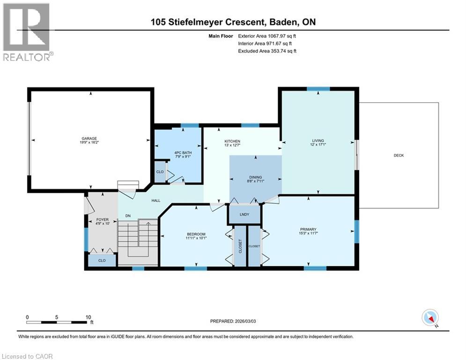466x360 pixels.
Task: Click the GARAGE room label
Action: tap(89, 138)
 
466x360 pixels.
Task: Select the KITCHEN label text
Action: tap(232, 141)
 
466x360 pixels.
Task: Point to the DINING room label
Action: tap(255, 177)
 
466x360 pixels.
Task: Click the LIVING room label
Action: tap(318, 141)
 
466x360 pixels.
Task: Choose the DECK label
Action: tap(399, 155)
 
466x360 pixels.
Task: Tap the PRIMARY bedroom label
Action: tap(308, 230)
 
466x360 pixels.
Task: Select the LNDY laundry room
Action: tap(244, 215)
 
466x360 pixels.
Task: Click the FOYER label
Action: tap(102, 219)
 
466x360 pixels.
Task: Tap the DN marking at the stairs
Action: tap(127, 216)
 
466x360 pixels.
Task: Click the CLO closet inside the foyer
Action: tap(102, 260)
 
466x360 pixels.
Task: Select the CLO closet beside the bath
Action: tap(160, 172)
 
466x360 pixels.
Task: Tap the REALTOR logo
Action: tap(27, 31)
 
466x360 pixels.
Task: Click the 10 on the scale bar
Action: tap(89, 317)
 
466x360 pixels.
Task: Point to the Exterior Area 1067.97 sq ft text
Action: tap(267, 35)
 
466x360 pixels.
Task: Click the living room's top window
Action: tap(318, 89)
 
